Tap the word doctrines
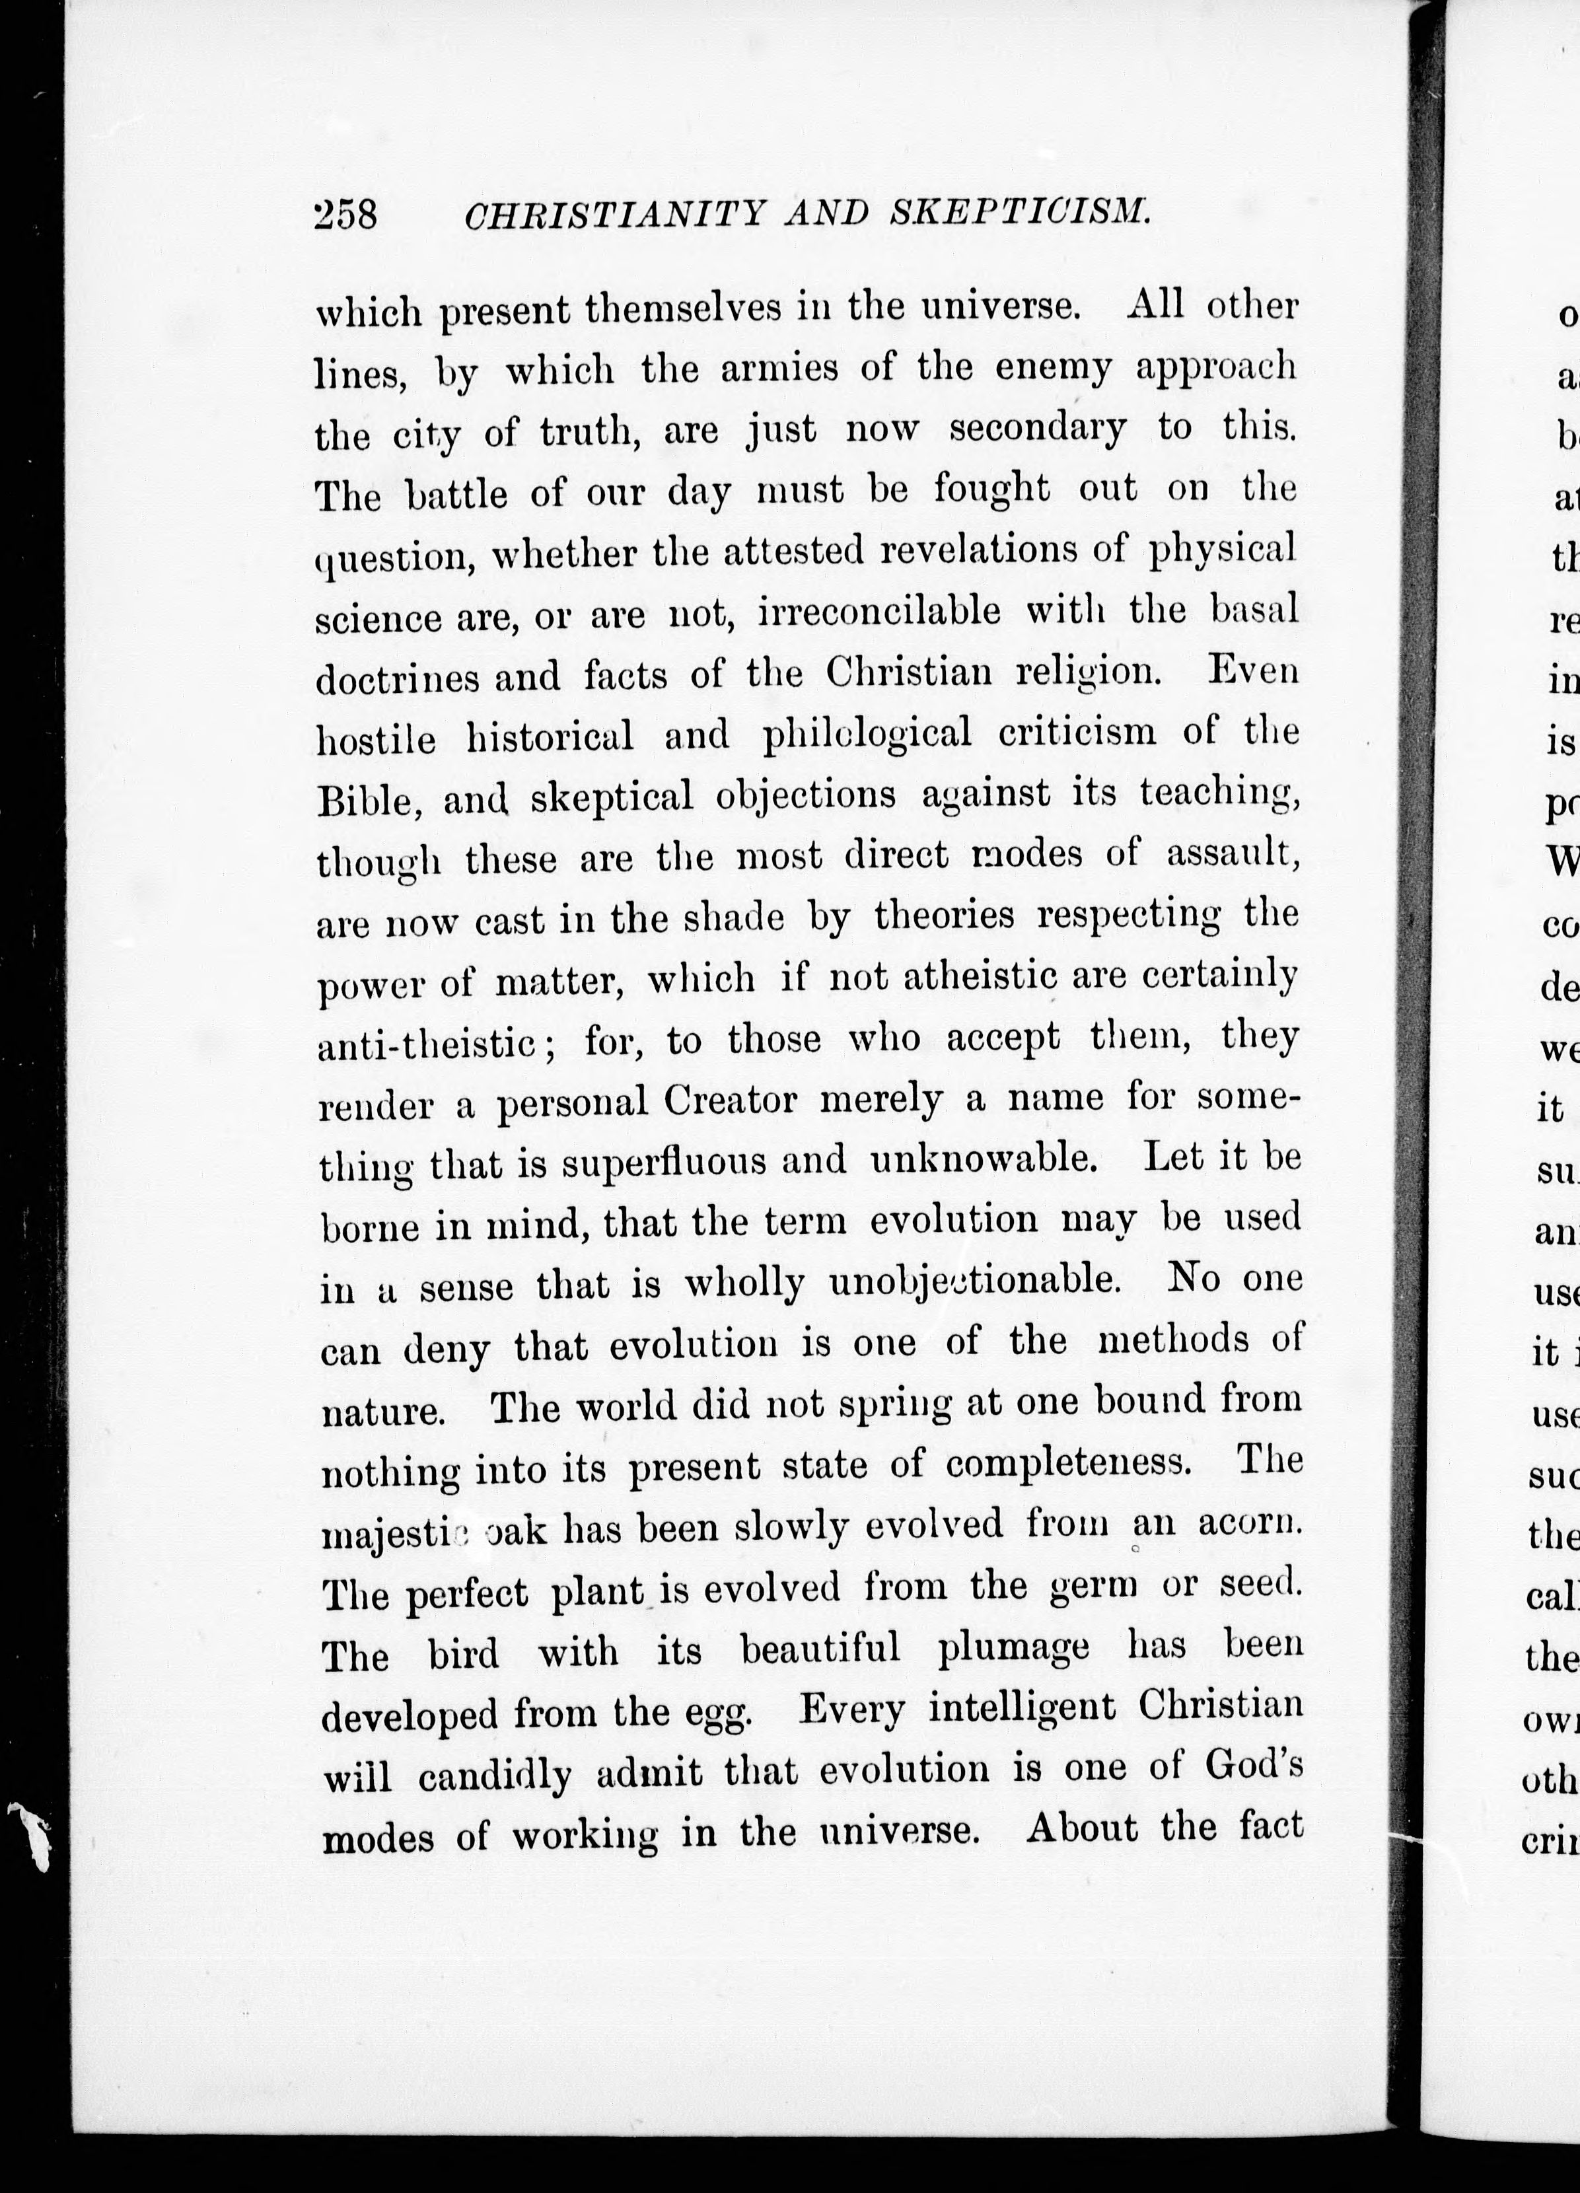pyautogui.click(x=398, y=677)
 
